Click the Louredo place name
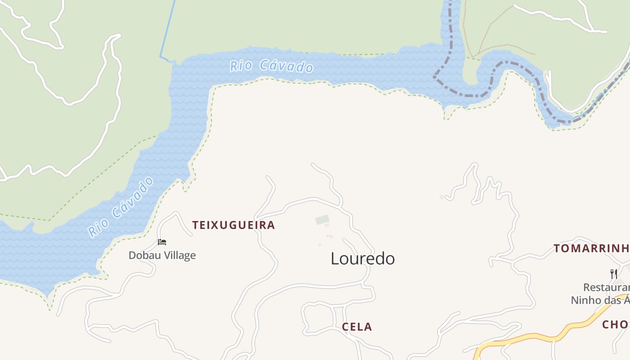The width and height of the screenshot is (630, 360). pyautogui.click(x=363, y=259)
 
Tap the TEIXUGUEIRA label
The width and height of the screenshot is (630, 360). pyautogui.click(x=234, y=225)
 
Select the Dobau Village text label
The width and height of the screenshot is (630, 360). pyautogui.click(x=162, y=256)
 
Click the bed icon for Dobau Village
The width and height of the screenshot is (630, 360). pyautogui.click(x=162, y=242)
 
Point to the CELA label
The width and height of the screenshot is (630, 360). pyautogui.click(x=357, y=327)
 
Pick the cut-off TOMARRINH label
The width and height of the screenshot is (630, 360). pyautogui.click(x=591, y=248)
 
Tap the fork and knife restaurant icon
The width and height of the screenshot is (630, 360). pyautogui.click(x=613, y=274)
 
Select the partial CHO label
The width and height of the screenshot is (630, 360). pyautogui.click(x=616, y=324)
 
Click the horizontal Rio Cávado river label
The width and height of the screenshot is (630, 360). pyautogui.click(x=271, y=67)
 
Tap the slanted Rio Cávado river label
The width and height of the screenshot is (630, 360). pyautogui.click(x=121, y=207)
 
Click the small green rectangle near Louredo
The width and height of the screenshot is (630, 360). pyautogui.click(x=322, y=220)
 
